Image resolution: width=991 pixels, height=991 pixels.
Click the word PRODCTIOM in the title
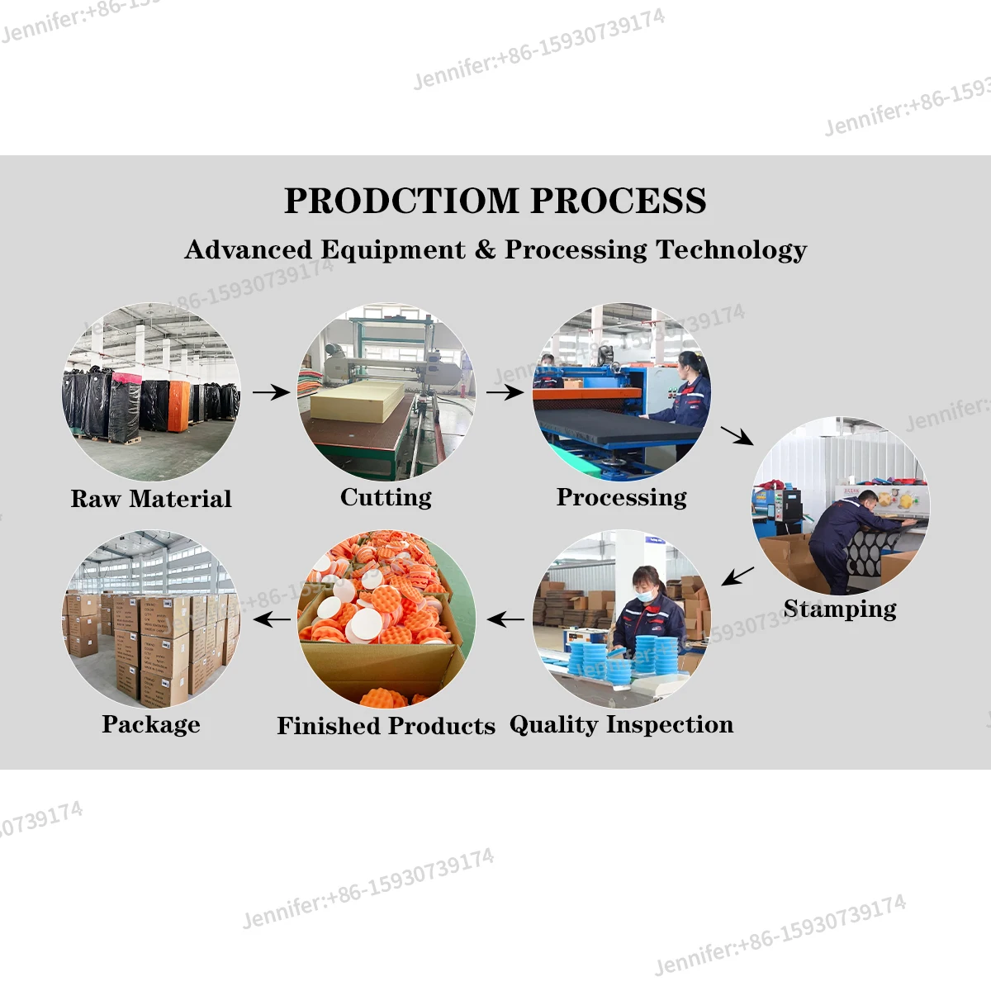(401, 201)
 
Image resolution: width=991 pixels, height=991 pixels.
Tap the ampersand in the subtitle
(485, 249)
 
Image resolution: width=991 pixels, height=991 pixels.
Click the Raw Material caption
(151, 499)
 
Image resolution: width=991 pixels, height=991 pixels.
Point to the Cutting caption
(386, 497)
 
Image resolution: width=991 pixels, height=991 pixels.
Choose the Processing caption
(621, 497)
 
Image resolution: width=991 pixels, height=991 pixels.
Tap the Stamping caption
(840, 609)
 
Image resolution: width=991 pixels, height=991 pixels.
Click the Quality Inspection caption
(621, 724)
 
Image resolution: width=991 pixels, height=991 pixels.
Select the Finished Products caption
(386, 726)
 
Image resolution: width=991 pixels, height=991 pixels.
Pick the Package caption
(151, 724)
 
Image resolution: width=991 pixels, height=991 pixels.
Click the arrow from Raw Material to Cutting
(270, 392)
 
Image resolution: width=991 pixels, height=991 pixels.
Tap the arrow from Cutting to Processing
(504, 392)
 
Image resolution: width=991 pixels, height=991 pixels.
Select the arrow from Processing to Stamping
(737, 435)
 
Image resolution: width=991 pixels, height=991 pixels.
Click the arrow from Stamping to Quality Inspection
(737, 576)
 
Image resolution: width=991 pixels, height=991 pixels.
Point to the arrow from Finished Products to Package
(272, 619)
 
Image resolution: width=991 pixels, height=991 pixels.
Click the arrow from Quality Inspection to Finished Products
(505, 619)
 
